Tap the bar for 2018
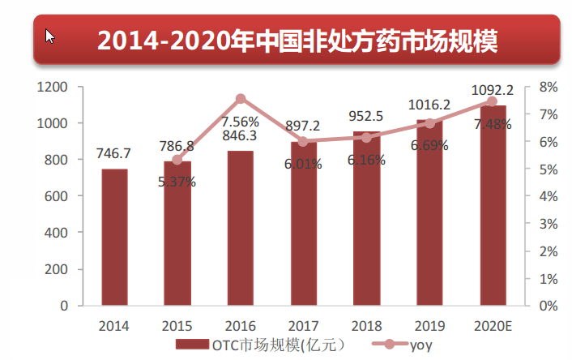365,218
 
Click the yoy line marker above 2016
241,99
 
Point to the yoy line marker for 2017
303,141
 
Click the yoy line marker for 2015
177,159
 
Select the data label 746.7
115,153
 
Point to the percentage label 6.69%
429,146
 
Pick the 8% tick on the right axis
548,87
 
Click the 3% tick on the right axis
548,224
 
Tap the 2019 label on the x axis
429,326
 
